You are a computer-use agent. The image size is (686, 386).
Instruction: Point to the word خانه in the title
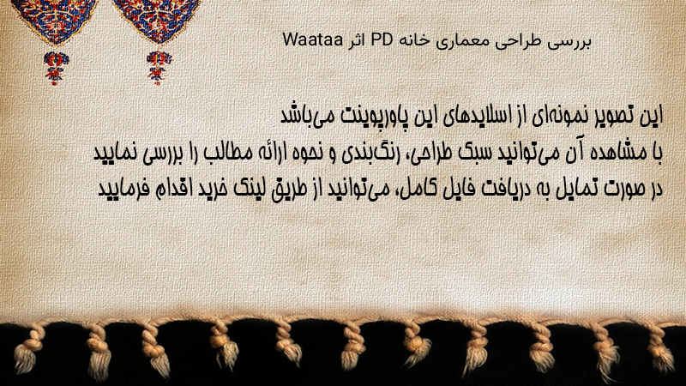click(x=412, y=40)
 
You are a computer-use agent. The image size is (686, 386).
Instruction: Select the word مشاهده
click(x=620, y=153)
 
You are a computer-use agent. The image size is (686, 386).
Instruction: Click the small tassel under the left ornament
click(x=56, y=68)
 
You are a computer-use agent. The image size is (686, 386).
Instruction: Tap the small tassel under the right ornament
click(x=159, y=67)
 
